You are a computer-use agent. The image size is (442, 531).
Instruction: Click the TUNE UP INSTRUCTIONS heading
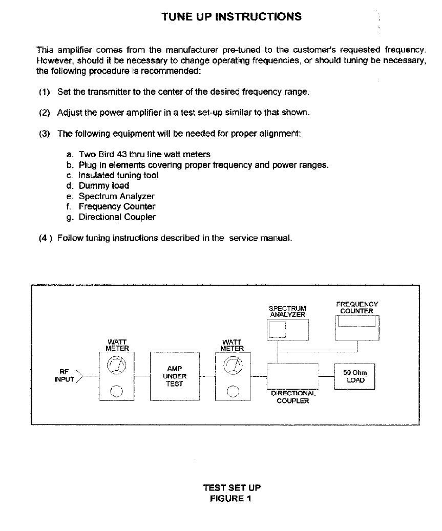[x=231, y=16]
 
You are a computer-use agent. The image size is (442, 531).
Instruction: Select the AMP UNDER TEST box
[x=174, y=376]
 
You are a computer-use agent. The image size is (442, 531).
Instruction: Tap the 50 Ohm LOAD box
[x=354, y=377]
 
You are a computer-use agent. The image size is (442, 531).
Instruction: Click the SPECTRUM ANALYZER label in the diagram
[x=287, y=311]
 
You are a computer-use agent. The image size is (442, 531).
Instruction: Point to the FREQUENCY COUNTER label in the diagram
[x=357, y=307]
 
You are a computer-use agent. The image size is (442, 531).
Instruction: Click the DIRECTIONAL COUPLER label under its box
[x=293, y=397]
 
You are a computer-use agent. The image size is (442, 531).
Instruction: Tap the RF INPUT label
[x=65, y=376]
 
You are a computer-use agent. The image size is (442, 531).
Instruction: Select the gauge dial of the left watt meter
[x=116, y=365]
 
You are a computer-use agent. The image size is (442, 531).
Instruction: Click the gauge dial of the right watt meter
[x=234, y=365]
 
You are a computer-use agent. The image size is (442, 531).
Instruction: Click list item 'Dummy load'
[x=103, y=186]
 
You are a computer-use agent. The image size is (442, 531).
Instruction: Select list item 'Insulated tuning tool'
[x=118, y=175]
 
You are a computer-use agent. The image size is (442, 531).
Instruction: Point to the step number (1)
[x=45, y=92]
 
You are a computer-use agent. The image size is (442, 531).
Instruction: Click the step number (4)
[x=45, y=238]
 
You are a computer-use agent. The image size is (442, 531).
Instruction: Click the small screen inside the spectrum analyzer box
[x=278, y=330]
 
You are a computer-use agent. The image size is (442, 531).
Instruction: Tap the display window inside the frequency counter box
[x=357, y=322]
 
